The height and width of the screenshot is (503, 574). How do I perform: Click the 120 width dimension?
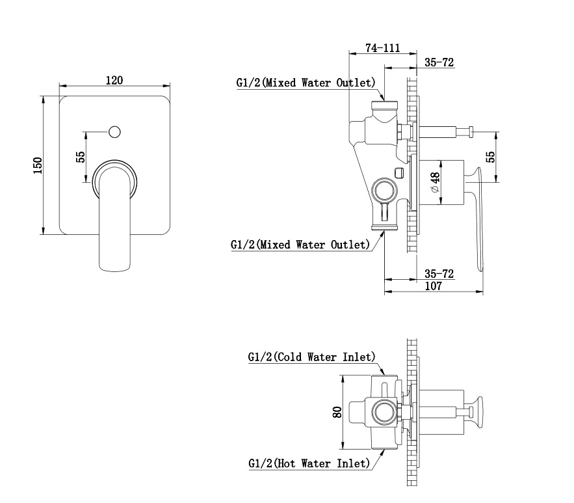(114, 80)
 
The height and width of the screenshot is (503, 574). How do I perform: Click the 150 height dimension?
(38, 165)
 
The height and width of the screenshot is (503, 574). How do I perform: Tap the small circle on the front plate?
(115, 132)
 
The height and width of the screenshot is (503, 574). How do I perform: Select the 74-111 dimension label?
(382, 48)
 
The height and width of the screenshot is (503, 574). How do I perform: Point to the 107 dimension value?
(434, 286)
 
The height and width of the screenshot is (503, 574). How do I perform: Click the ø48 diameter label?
(436, 182)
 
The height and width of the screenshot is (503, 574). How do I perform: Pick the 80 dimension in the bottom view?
(337, 412)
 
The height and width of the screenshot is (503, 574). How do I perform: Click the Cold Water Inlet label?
(312, 357)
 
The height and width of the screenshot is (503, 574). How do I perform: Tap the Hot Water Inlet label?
(309, 463)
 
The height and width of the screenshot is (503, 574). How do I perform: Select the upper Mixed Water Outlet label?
(306, 83)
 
